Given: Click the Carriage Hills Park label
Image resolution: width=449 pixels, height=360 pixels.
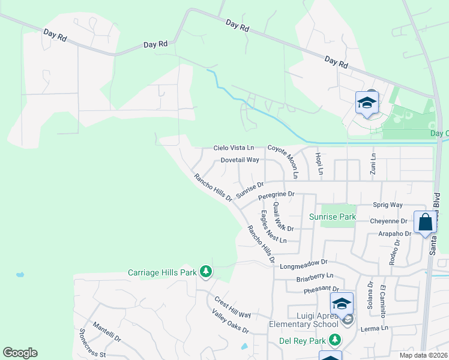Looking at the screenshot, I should [162, 272].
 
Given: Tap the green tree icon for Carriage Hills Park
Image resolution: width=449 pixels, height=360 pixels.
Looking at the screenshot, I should [206, 272].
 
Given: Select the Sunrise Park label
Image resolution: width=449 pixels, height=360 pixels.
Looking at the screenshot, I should [333, 217].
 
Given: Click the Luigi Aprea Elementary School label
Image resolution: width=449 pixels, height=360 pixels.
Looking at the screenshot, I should [304, 320].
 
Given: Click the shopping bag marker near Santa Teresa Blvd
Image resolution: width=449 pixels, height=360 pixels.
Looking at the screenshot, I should [425, 222].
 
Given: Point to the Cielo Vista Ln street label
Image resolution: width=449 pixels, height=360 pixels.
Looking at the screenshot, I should [234, 148].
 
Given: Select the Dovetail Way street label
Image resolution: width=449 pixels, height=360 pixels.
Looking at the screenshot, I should [240, 160].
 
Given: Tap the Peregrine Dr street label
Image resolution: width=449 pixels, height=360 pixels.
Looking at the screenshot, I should [276, 194].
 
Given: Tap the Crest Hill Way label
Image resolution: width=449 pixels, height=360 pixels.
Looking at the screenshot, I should [232, 306].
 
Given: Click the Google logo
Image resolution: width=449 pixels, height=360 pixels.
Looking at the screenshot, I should [20, 353].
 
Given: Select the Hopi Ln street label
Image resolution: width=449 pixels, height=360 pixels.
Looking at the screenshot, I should [319, 162].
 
